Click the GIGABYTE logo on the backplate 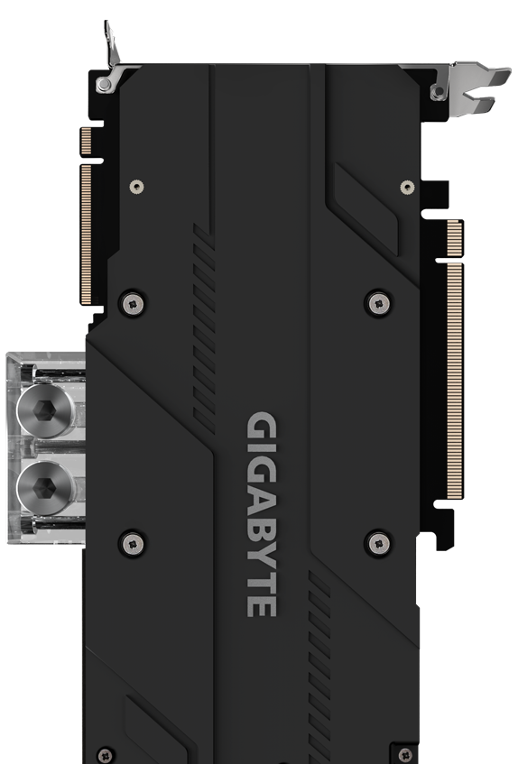[x=262, y=514]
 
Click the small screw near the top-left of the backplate [x=135, y=187]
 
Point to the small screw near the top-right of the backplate [x=408, y=188]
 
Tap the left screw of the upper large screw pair [x=132, y=302]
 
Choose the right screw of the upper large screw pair [x=377, y=302]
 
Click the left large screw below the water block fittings [x=132, y=542]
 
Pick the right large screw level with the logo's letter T [x=377, y=542]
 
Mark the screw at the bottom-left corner [x=106, y=754]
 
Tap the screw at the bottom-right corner [x=403, y=754]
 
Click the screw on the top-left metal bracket [x=105, y=84]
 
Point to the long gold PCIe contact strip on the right [x=454, y=379]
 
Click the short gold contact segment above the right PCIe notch [x=454, y=237]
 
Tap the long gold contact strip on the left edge [x=87, y=233]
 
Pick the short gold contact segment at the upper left [x=87, y=140]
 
